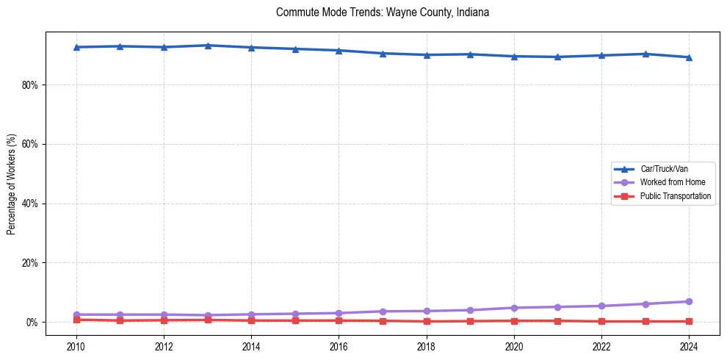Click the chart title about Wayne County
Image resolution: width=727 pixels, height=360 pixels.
[x=382, y=12]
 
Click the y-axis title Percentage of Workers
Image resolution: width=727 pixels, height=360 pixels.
[x=11, y=184]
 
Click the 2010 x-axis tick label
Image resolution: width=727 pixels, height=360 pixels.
[x=76, y=346]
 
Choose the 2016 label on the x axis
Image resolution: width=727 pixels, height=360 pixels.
[x=339, y=346]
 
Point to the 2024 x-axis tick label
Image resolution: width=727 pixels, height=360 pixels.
[x=689, y=346]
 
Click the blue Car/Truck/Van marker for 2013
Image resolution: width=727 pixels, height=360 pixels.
[x=208, y=46]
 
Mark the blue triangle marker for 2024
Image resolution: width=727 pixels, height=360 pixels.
[x=689, y=57]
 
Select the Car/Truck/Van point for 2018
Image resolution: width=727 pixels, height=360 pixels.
[x=427, y=55]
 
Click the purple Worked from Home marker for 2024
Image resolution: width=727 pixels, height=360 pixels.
[x=689, y=302]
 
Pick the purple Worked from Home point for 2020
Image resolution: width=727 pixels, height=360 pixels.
[x=514, y=308]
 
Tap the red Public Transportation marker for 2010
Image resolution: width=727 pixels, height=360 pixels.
[x=76, y=320]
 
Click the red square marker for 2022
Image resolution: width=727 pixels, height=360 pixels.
[x=601, y=321]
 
